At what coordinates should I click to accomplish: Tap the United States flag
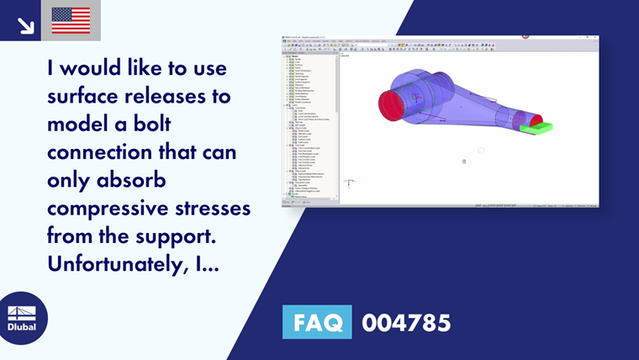[71, 20]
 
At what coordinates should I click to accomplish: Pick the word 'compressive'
[110, 207]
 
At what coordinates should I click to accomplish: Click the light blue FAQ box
[316, 322]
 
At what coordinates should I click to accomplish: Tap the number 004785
[406, 322]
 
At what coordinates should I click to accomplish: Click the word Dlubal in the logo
[23, 326]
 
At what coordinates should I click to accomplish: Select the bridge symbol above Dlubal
[23, 311]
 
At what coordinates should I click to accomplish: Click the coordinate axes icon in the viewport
[349, 182]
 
